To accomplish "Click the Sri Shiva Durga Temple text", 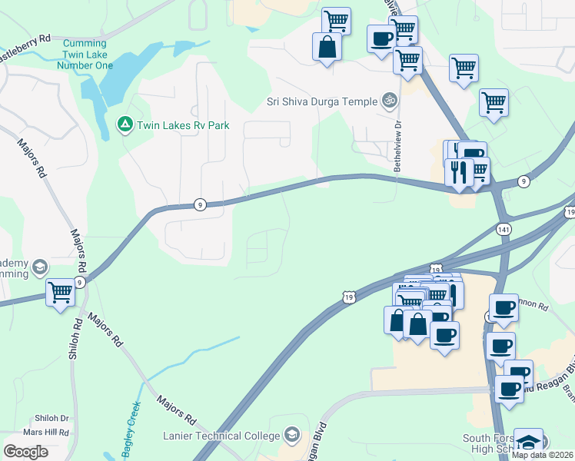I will click(x=322, y=101).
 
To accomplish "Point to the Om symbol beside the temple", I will click(x=390, y=101).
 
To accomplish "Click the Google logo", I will click(x=26, y=452).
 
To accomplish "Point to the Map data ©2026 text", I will click(x=543, y=455).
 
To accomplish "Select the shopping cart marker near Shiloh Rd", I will click(x=61, y=292).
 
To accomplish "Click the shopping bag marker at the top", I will click(x=327, y=46).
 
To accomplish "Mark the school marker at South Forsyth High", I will click(x=528, y=442).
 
